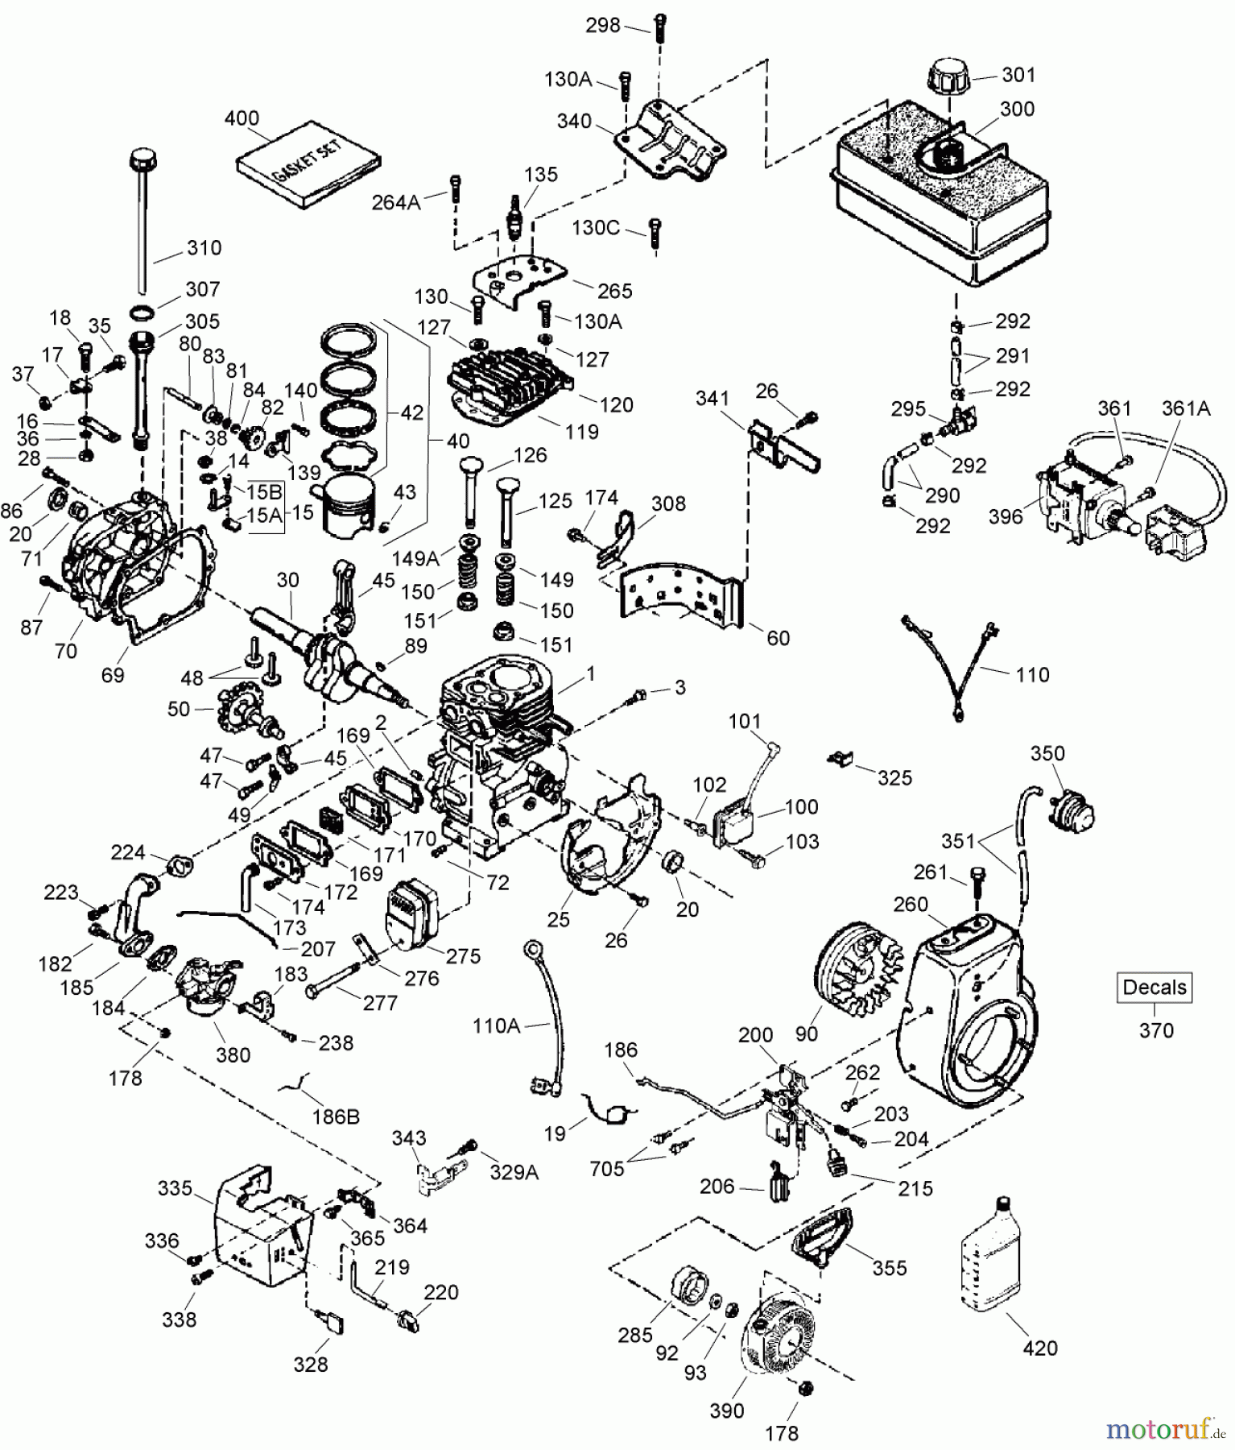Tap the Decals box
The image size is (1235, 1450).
[1154, 987]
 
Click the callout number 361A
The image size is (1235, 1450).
[1185, 408]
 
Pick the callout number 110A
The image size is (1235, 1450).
[496, 1025]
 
